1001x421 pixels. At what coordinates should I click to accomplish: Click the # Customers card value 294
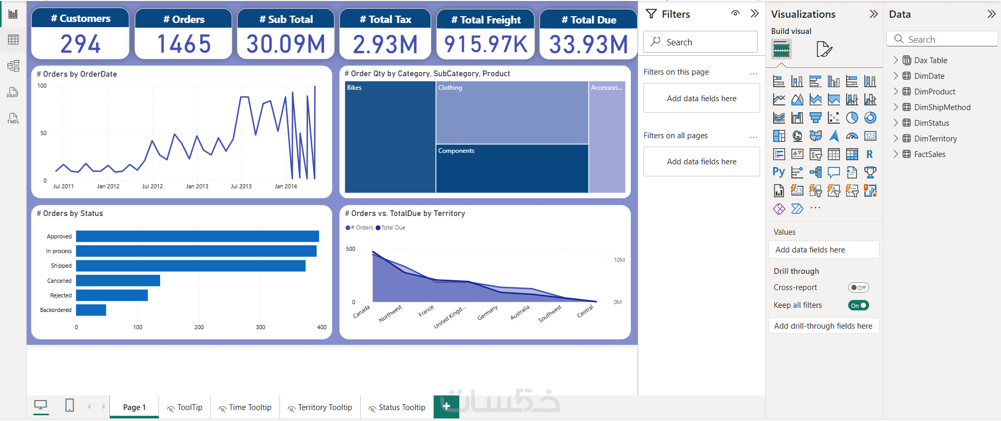(x=80, y=44)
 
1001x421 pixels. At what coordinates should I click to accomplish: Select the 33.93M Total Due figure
(x=588, y=44)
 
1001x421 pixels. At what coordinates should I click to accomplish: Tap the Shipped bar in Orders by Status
(x=191, y=266)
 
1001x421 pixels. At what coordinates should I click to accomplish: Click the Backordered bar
(x=91, y=310)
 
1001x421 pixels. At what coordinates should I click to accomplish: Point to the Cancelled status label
(x=59, y=281)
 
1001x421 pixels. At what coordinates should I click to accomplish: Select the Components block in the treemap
(x=512, y=169)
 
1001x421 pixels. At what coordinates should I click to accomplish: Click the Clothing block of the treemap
(x=512, y=112)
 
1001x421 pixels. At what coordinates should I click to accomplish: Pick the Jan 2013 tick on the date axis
(x=197, y=186)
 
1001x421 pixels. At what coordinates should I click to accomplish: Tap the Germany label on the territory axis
(x=487, y=312)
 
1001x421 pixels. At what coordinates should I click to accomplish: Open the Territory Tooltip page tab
(x=320, y=407)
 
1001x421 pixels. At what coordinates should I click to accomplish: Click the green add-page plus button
(x=446, y=406)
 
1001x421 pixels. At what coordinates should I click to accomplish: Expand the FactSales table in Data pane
(x=896, y=154)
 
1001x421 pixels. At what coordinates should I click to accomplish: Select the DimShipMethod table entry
(x=942, y=107)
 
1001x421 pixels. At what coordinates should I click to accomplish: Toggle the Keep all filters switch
(x=858, y=305)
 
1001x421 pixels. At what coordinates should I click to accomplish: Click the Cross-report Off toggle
(x=858, y=287)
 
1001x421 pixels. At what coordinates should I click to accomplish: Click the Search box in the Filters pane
(x=700, y=42)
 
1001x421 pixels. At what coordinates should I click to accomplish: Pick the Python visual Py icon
(x=779, y=172)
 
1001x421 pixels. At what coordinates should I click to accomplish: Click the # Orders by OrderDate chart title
(x=77, y=74)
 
